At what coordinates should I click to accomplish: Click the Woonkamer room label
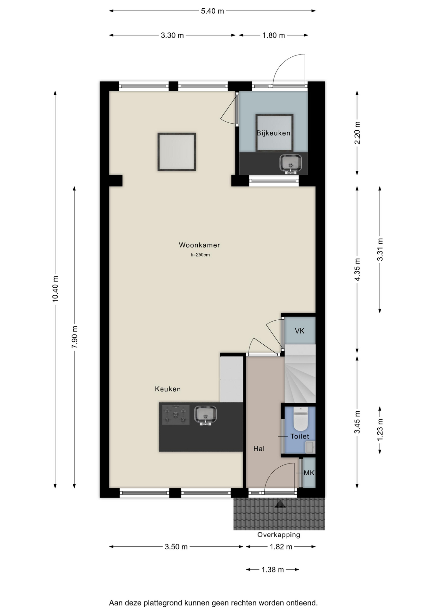tap(199, 245)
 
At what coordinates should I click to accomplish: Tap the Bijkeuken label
tap(273, 133)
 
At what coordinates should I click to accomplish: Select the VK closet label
tap(300, 331)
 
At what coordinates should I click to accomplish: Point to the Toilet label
tap(300, 436)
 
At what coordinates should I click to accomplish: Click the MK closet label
tap(309, 473)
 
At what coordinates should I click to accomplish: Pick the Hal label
tap(259, 449)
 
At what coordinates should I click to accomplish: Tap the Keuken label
tap(168, 389)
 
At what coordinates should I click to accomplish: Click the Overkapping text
tap(279, 535)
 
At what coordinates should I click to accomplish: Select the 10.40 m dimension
tap(55, 289)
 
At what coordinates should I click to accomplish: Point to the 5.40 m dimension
tap(212, 11)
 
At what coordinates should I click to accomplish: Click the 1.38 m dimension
tap(273, 570)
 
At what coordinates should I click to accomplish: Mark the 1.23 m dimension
tap(380, 430)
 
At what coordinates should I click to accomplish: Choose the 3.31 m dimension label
tap(380, 250)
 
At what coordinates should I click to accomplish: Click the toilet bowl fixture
tap(300, 419)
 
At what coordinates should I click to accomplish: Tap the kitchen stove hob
tap(176, 415)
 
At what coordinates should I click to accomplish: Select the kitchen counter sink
tap(205, 415)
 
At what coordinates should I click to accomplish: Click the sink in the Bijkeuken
tap(291, 164)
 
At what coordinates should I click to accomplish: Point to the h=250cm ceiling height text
tap(200, 255)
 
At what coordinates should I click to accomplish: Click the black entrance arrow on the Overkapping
tap(280, 504)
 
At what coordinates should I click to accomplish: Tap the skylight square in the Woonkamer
tap(176, 152)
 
